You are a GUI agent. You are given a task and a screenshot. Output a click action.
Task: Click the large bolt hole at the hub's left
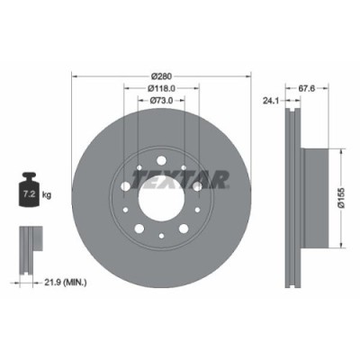click(124, 185)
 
